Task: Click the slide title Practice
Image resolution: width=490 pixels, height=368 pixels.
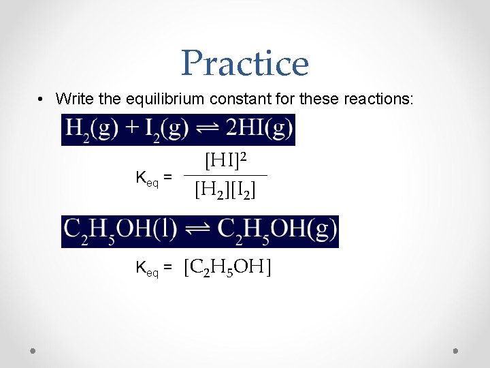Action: click(x=245, y=63)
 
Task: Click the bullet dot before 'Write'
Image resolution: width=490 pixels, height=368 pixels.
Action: click(x=42, y=99)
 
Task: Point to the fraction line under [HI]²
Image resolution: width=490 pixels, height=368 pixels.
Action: click(x=225, y=177)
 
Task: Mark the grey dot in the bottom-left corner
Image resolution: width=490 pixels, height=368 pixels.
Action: click(x=33, y=352)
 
